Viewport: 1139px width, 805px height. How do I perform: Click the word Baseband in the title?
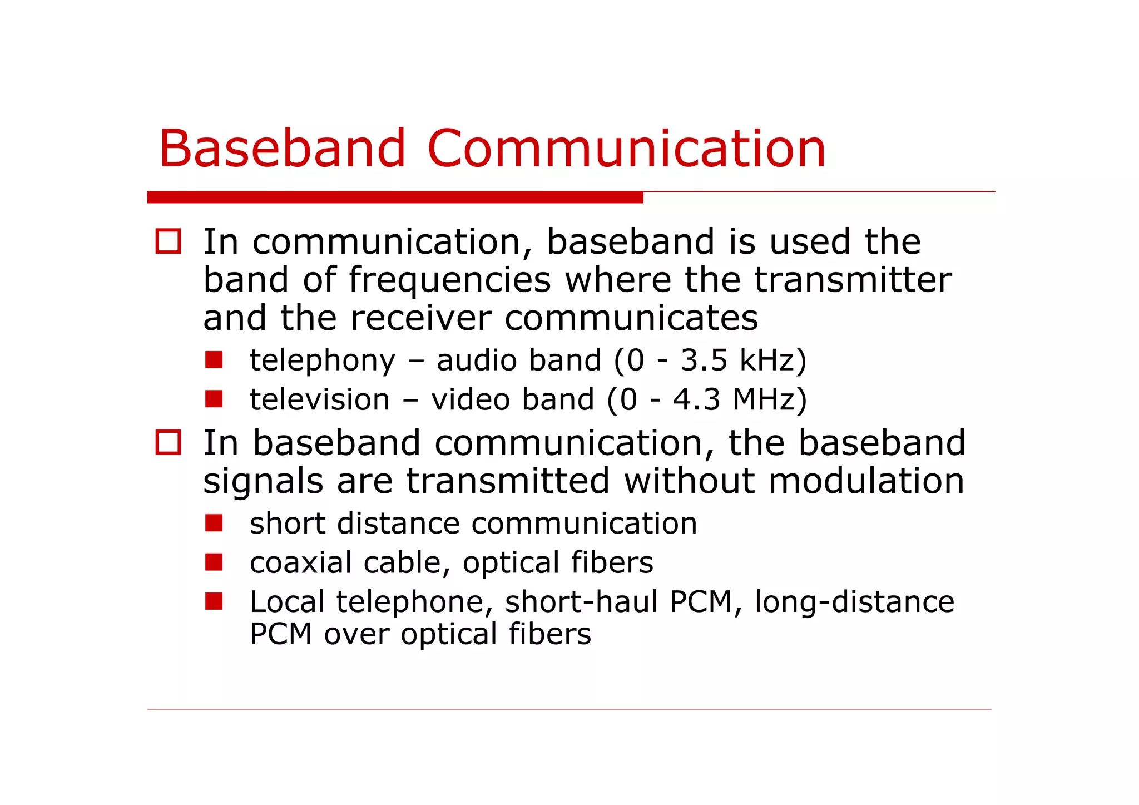tap(283, 149)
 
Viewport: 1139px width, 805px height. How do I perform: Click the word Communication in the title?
tap(626, 149)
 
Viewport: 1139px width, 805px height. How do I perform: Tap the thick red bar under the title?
tap(395, 197)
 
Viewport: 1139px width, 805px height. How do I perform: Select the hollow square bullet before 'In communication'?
tap(168, 241)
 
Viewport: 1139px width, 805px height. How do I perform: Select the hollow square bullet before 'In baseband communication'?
tap(168, 443)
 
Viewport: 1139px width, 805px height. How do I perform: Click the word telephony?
tap(323, 360)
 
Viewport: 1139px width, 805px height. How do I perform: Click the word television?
tap(320, 399)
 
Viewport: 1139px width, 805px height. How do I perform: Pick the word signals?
tap(263, 482)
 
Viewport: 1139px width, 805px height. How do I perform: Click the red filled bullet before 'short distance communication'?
tap(214, 523)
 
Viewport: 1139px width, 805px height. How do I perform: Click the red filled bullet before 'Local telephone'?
tap(214, 601)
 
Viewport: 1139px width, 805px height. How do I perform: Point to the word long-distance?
tap(854, 602)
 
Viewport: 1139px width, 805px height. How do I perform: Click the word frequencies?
tap(449, 280)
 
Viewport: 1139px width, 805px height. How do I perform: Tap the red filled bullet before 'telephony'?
tap(214, 360)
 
